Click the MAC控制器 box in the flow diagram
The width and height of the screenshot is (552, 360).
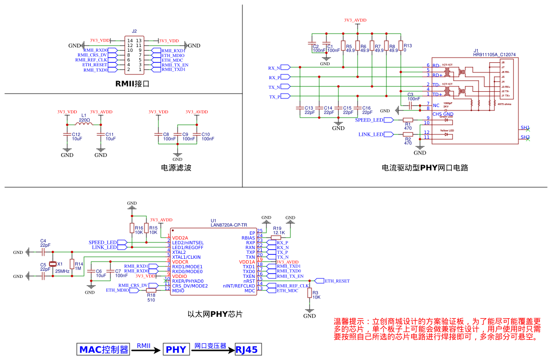coord(104,349)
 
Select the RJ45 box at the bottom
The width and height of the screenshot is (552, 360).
coord(248,349)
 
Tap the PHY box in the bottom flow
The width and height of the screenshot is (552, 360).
coord(176,349)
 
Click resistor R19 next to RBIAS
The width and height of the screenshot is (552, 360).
coord(276,237)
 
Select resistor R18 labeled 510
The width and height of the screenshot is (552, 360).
coord(151,289)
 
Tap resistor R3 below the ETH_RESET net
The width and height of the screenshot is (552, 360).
coord(310,293)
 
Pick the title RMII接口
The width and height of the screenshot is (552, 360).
coord(132,84)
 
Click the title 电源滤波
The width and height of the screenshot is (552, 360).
coord(177,168)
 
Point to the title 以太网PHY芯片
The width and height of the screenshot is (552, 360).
coord(215,314)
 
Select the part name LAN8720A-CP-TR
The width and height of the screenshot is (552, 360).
coord(229,225)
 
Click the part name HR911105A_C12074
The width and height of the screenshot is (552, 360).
coord(494,55)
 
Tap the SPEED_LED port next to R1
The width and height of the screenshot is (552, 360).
coord(389,120)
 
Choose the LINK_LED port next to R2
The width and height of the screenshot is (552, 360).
coord(389,134)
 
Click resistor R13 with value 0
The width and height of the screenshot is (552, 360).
coord(401,46)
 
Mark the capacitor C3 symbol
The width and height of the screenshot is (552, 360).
coord(410,104)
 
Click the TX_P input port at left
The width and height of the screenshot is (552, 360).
coord(285,96)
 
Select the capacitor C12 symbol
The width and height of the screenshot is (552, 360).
coord(67,135)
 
